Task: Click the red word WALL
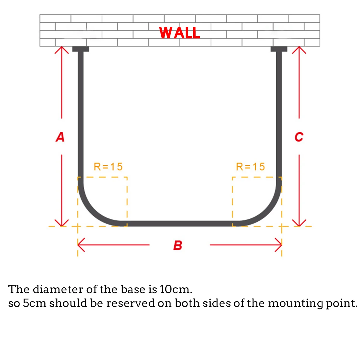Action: [x=179, y=33]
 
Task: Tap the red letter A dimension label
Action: [x=60, y=137]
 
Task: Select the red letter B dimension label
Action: [x=178, y=245]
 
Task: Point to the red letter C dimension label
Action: [x=299, y=137]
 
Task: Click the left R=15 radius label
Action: [x=108, y=167]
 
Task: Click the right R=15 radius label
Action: [x=250, y=167]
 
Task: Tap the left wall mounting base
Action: [x=81, y=49]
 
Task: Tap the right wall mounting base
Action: [x=279, y=49]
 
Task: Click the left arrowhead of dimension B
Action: [x=81, y=245]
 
